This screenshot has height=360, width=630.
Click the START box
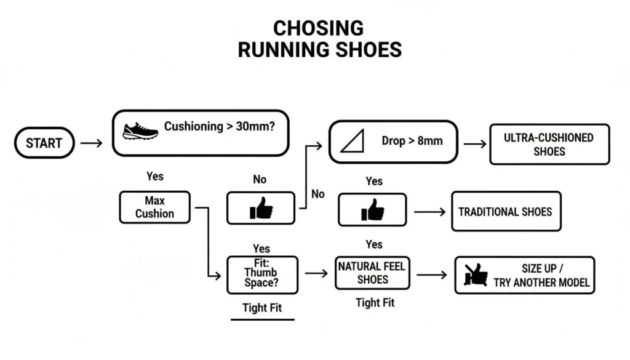pos(44,143)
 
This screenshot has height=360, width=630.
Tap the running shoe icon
pos(140,130)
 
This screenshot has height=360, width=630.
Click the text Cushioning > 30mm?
pos(218,127)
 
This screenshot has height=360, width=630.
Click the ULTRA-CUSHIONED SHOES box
pos(549,144)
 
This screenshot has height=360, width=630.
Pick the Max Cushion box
pos(154,207)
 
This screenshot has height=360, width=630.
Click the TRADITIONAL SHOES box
pos(506,212)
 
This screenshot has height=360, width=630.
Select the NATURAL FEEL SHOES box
pos(372,273)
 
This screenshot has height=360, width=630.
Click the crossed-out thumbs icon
pos(476,275)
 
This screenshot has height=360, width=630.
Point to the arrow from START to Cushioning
pos(92,143)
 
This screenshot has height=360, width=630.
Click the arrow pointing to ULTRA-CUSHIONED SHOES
pos(474,143)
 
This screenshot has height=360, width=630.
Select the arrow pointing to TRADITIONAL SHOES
pos(429,212)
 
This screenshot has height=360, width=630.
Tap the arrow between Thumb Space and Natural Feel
pos(316,273)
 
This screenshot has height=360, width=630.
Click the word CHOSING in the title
pos(319,28)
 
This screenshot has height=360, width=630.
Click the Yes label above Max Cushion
pos(155,176)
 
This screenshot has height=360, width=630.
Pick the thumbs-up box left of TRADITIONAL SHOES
pos(372,209)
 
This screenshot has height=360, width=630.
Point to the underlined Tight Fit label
pos(262,308)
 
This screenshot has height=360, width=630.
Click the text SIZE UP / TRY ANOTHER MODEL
pos(541,276)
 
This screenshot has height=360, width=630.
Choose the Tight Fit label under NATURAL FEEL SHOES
pos(375,302)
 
